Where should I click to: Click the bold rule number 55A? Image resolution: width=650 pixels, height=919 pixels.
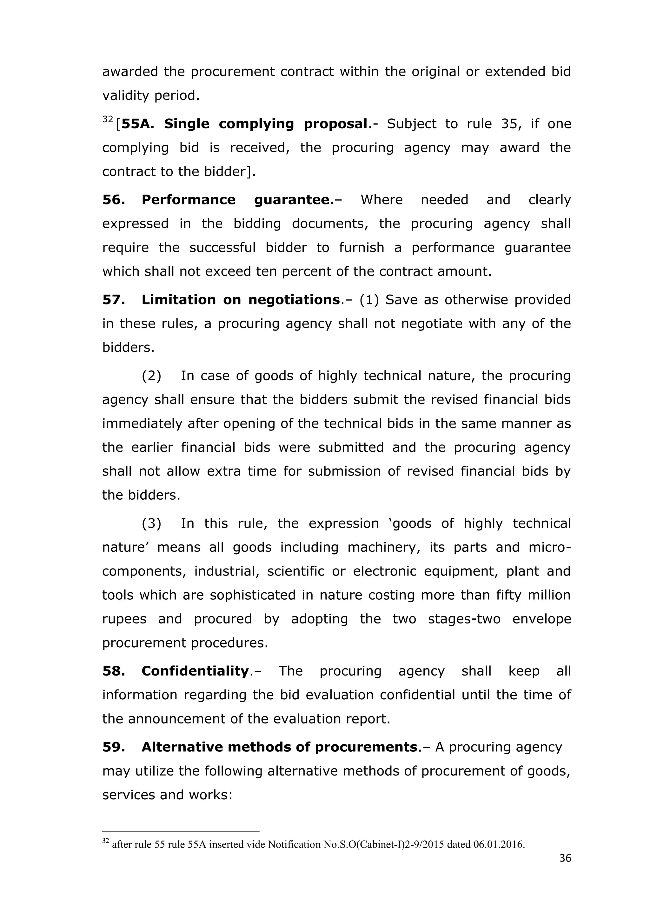[137, 124]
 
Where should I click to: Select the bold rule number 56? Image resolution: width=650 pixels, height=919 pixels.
[114, 200]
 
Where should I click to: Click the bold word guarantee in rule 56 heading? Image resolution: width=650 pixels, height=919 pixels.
[292, 200]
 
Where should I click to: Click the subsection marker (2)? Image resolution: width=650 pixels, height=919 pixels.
[151, 376]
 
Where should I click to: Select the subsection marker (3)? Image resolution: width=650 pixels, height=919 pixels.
[151, 523]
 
